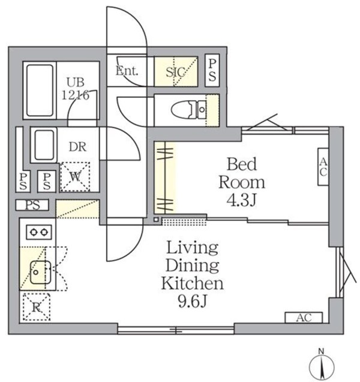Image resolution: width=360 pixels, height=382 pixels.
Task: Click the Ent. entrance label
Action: coord(127,71)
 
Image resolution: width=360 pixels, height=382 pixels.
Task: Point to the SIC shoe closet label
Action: coord(176,71)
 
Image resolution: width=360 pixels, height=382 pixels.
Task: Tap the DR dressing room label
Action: coord(76,146)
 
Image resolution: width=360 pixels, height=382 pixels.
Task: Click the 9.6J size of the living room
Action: coord(192,300)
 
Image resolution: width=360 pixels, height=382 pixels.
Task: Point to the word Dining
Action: coord(192,265)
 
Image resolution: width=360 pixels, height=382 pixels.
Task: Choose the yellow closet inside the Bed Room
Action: coord(166,177)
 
